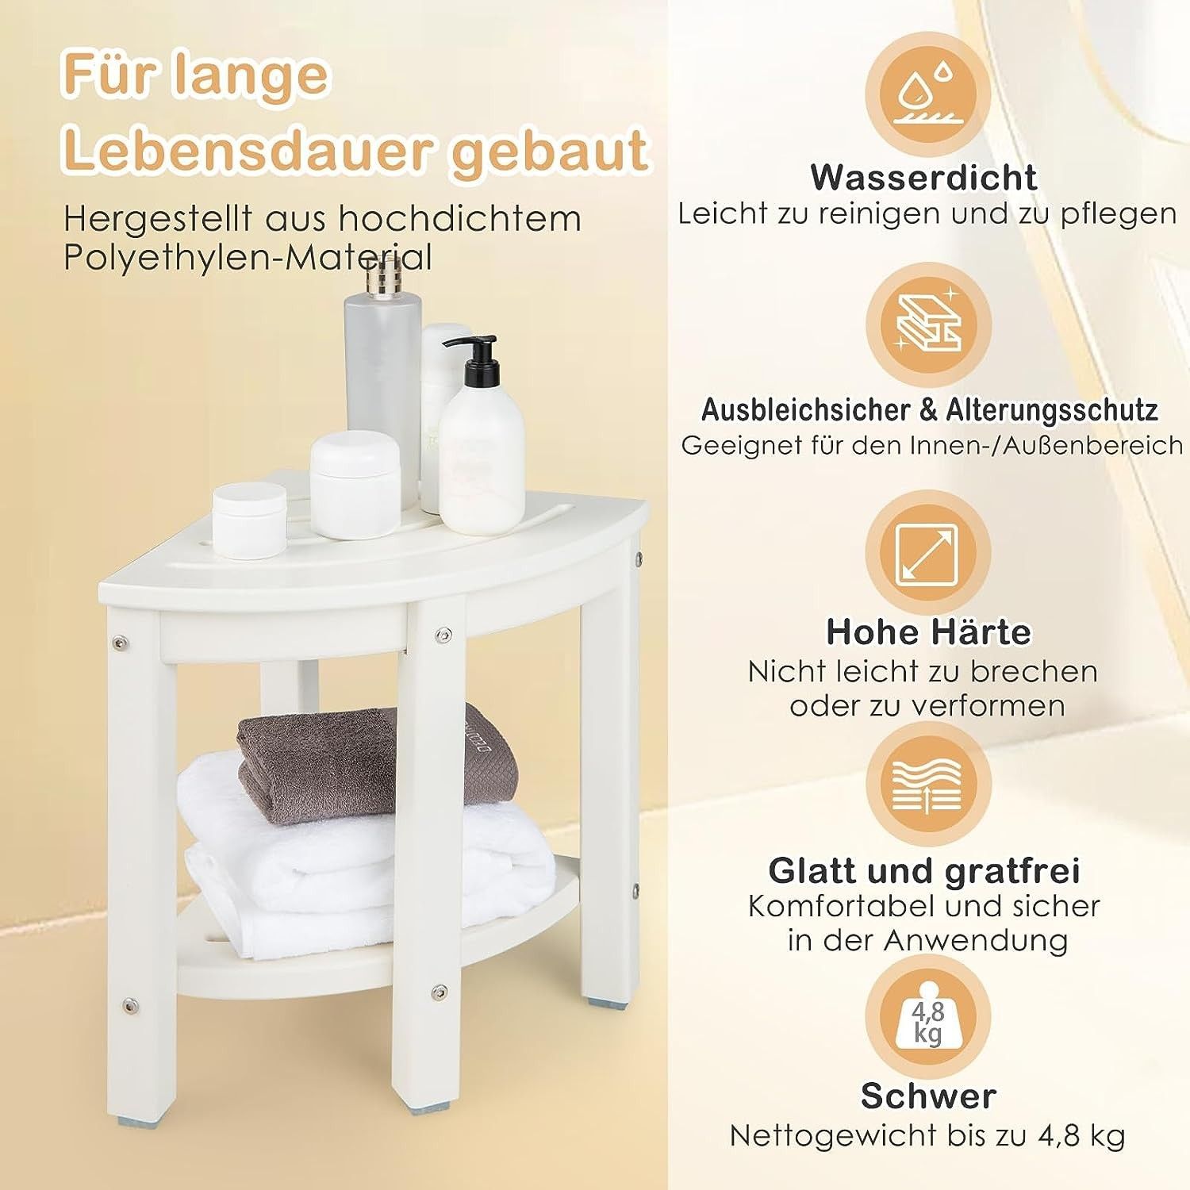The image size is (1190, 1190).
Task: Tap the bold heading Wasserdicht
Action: coord(924,177)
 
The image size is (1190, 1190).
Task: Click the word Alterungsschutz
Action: coord(1051,410)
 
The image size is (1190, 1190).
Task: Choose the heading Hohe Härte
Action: coord(928,631)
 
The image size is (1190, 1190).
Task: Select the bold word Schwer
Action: coord(928,1096)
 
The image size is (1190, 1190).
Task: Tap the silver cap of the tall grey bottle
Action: coord(383,278)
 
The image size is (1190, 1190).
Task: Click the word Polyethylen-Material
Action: coord(248,259)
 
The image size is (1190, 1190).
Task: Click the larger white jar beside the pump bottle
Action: coord(354,484)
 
